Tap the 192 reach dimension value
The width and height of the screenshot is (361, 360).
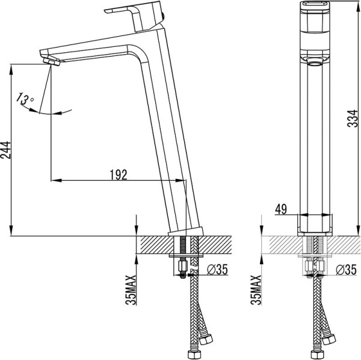(119, 174)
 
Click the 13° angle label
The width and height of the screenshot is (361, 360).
(26, 99)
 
